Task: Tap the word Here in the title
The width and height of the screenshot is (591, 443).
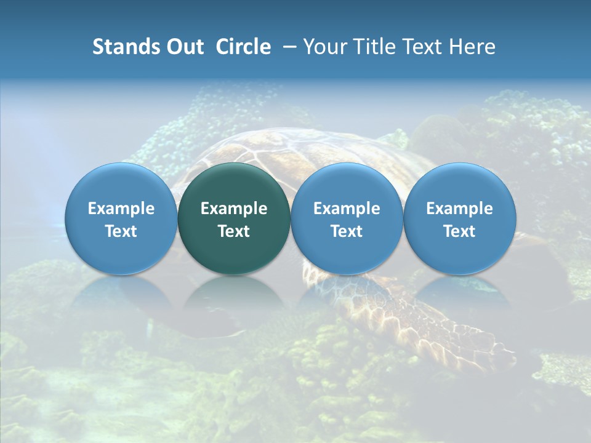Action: click(473, 47)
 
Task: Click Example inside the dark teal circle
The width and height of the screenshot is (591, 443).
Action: click(234, 209)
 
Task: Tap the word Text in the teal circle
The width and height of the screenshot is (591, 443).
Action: click(234, 231)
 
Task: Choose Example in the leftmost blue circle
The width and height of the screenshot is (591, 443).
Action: click(121, 209)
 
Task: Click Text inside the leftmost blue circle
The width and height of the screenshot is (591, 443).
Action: click(121, 231)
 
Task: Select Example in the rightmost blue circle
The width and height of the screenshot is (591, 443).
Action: click(459, 209)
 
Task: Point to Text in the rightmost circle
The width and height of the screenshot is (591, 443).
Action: click(459, 231)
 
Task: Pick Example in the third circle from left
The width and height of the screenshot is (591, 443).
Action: click(347, 209)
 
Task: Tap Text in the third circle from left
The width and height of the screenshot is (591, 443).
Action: click(347, 231)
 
